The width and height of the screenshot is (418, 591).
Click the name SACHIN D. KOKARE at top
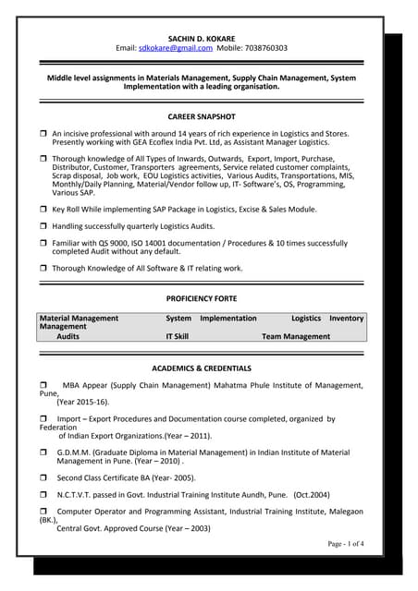(x=202, y=37)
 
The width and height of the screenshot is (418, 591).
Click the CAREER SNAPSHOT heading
(x=202, y=117)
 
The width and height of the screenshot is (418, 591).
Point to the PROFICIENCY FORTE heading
(x=202, y=299)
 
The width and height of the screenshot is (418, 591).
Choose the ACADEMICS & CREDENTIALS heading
(x=202, y=368)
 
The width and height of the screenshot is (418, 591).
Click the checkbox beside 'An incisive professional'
(x=43, y=134)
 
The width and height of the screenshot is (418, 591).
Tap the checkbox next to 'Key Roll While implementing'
(x=43, y=210)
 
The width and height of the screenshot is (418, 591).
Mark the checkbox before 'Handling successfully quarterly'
(x=43, y=226)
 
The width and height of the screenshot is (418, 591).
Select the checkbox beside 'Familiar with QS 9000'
(x=43, y=242)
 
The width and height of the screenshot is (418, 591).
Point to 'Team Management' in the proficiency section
(x=295, y=337)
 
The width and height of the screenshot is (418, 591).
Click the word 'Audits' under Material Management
(x=68, y=337)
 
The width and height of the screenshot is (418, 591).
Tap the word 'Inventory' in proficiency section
(x=347, y=318)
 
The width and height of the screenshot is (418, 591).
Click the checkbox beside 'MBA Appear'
(x=43, y=385)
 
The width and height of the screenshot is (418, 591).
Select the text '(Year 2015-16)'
(x=82, y=403)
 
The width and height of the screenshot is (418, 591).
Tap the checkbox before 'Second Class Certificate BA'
(x=43, y=478)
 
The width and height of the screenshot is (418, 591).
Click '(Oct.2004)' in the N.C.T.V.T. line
(x=312, y=495)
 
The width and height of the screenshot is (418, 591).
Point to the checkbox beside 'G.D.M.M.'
(x=43, y=453)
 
